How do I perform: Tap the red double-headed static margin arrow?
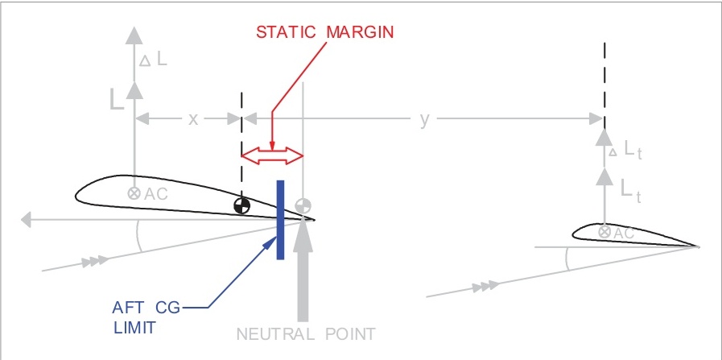coord(272,155)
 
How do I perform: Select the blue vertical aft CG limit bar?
coord(280,219)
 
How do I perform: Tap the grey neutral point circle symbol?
coord(303,206)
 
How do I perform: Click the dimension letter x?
coord(193,119)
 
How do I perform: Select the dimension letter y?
coord(424,119)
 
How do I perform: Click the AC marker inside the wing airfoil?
coord(134,193)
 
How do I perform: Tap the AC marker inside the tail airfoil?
coord(604,232)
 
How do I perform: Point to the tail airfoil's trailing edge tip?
coord(698,246)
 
